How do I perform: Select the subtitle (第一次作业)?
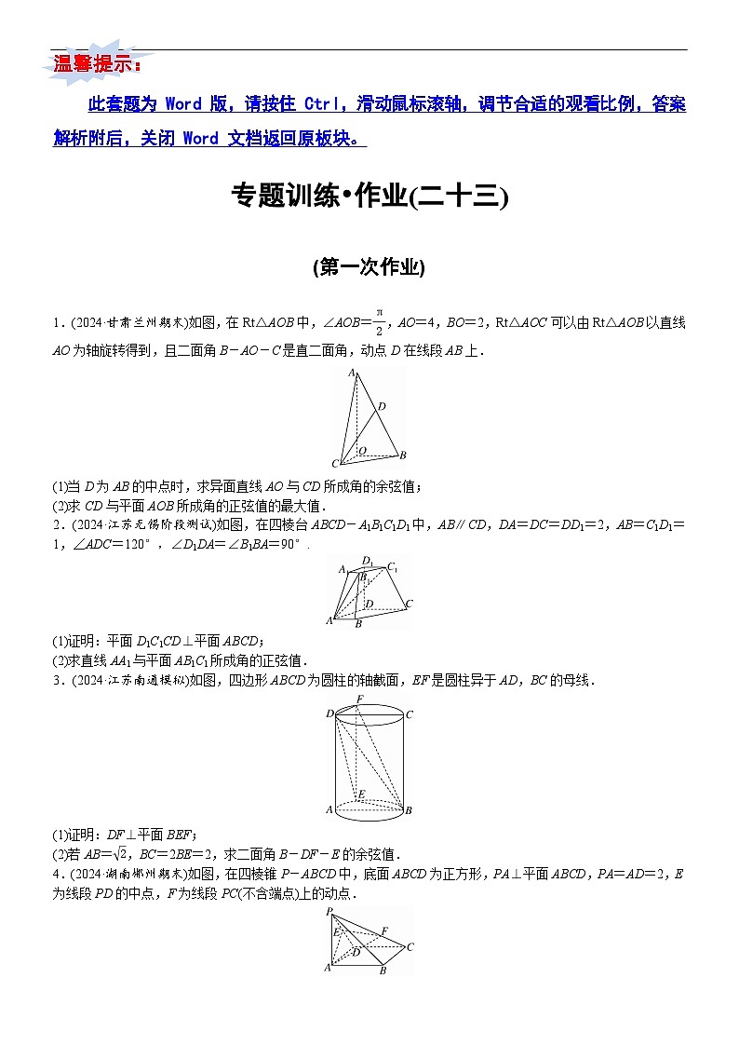[369, 267]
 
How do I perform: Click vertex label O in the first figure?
[362, 450]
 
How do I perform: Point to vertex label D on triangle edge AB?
[382, 406]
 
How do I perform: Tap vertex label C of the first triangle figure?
[335, 464]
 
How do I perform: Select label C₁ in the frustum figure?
[394, 566]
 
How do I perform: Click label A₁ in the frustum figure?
[343, 569]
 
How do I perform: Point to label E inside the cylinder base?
[362, 794]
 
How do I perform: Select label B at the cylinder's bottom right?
[408, 811]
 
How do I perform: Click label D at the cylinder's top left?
[329, 714]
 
